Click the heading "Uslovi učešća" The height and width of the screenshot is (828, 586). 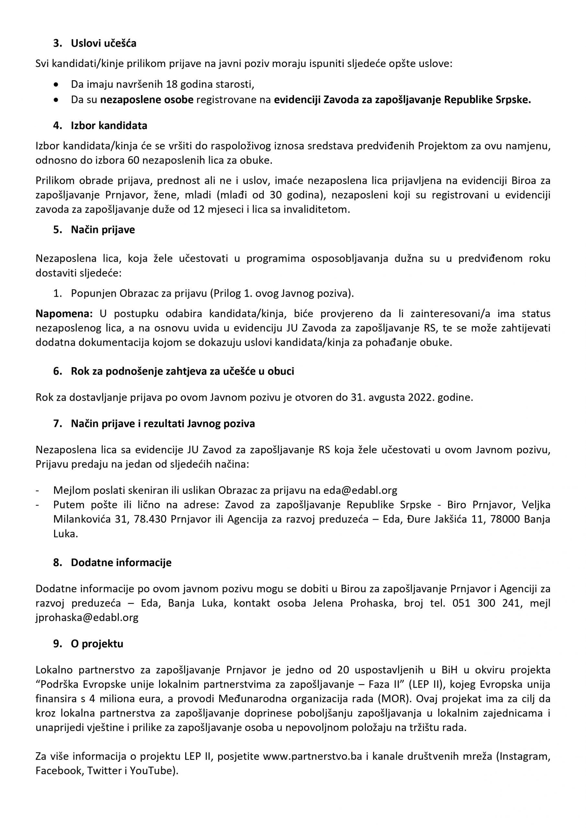tap(103, 44)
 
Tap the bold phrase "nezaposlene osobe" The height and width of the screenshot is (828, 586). tap(147, 100)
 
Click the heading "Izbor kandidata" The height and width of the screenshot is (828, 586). tap(109, 126)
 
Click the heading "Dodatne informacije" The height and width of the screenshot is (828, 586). tap(121, 562)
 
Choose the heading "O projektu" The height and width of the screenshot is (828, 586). tap(97, 644)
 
